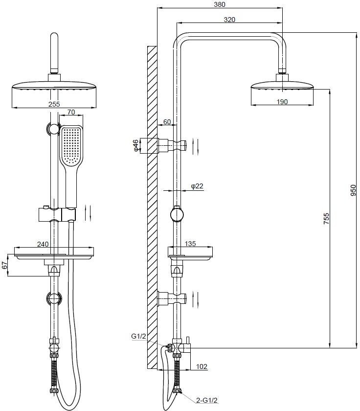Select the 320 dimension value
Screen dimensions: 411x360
coord(229,20)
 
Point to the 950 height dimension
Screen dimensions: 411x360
coord(354,190)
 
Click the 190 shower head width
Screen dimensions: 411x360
coord(282,102)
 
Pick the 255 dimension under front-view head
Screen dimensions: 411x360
coord(55,104)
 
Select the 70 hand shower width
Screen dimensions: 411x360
coord(71,112)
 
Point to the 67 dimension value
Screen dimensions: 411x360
coord(5,265)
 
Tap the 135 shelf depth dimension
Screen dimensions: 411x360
coord(191,243)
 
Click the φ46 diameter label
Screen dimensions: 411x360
coord(136,145)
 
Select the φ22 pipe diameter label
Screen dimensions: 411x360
coord(197,186)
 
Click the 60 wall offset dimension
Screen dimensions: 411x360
coord(167,122)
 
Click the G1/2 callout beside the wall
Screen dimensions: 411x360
coord(139,337)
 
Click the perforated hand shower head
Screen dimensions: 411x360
coord(71,146)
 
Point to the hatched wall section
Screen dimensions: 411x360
coord(152,205)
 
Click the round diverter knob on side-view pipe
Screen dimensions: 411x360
coord(177,215)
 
